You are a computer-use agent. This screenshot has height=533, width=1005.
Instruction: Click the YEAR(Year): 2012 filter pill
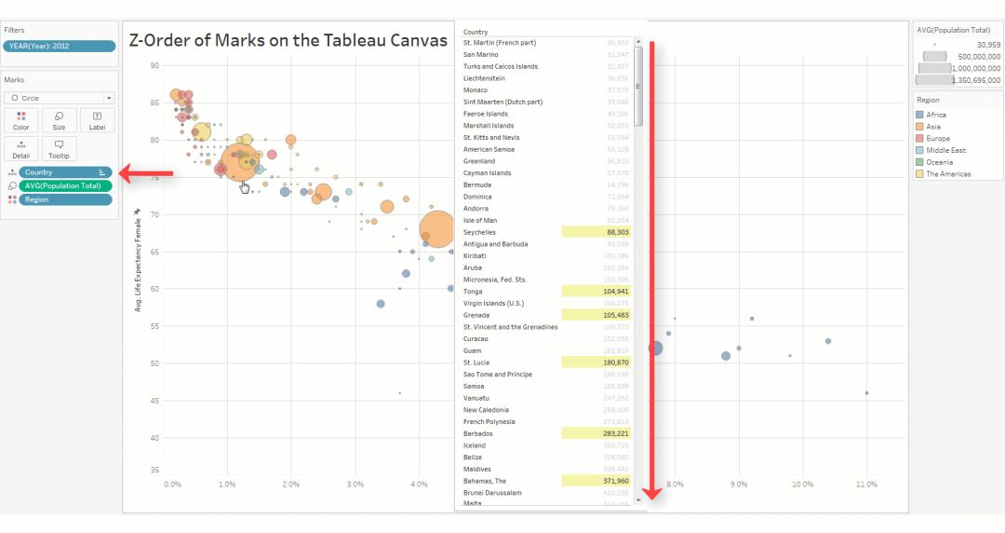click(x=60, y=46)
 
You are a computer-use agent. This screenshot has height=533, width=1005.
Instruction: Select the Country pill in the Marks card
click(x=63, y=172)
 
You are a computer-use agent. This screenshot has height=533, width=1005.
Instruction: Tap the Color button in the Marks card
click(x=21, y=120)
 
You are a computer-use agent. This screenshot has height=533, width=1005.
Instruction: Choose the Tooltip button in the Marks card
click(x=59, y=149)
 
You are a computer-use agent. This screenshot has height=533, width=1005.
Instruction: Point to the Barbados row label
click(x=478, y=433)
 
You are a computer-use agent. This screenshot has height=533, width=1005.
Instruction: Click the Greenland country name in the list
click(x=480, y=161)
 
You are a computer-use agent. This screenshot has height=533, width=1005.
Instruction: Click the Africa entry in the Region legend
click(x=935, y=115)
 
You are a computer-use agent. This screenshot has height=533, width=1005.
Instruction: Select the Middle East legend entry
click(x=945, y=150)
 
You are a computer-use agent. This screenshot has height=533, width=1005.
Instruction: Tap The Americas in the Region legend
click(x=947, y=174)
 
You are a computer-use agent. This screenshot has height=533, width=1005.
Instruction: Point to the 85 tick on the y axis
click(x=154, y=102)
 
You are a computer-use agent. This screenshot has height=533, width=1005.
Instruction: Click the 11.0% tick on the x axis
click(x=866, y=485)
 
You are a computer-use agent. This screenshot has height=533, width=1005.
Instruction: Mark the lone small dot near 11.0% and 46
click(x=866, y=393)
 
